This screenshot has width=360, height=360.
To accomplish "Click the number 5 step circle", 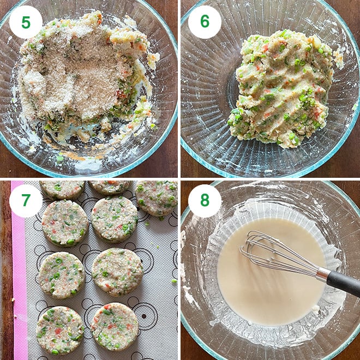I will (26, 22).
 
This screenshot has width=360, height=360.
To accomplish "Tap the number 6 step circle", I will (205, 22).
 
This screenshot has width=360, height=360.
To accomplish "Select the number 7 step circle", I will (26, 200).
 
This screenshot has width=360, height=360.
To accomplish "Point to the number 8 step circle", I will (205, 200).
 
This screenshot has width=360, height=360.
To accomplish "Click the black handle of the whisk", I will (344, 281).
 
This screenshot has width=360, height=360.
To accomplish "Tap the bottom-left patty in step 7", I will (60, 329).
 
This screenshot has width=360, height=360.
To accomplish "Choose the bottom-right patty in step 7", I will (114, 326).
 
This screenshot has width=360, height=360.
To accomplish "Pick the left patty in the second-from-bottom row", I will (61, 274).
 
